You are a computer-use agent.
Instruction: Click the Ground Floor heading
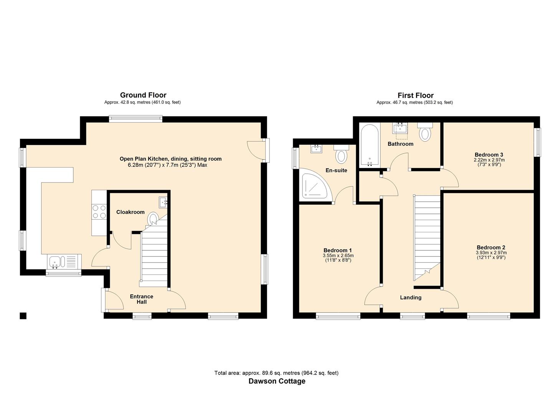click(x=143, y=95)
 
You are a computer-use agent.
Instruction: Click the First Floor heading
click(x=415, y=95)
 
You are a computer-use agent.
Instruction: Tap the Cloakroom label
click(x=131, y=212)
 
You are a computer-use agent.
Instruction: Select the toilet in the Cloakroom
click(x=153, y=218)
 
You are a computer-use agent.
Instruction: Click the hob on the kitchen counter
click(x=99, y=212)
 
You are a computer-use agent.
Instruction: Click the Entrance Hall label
click(x=141, y=299)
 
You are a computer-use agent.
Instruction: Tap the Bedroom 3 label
click(x=489, y=154)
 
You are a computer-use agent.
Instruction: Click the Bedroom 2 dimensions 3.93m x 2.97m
click(x=491, y=253)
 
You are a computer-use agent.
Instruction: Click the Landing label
click(x=411, y=297)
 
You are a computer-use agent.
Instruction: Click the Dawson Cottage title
click(x=277, y=381)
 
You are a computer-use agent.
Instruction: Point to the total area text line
click(x=276, y=373)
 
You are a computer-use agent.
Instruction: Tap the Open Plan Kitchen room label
click(x=170, y=159)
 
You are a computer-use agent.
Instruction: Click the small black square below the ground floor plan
click(x=23, y=316)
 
